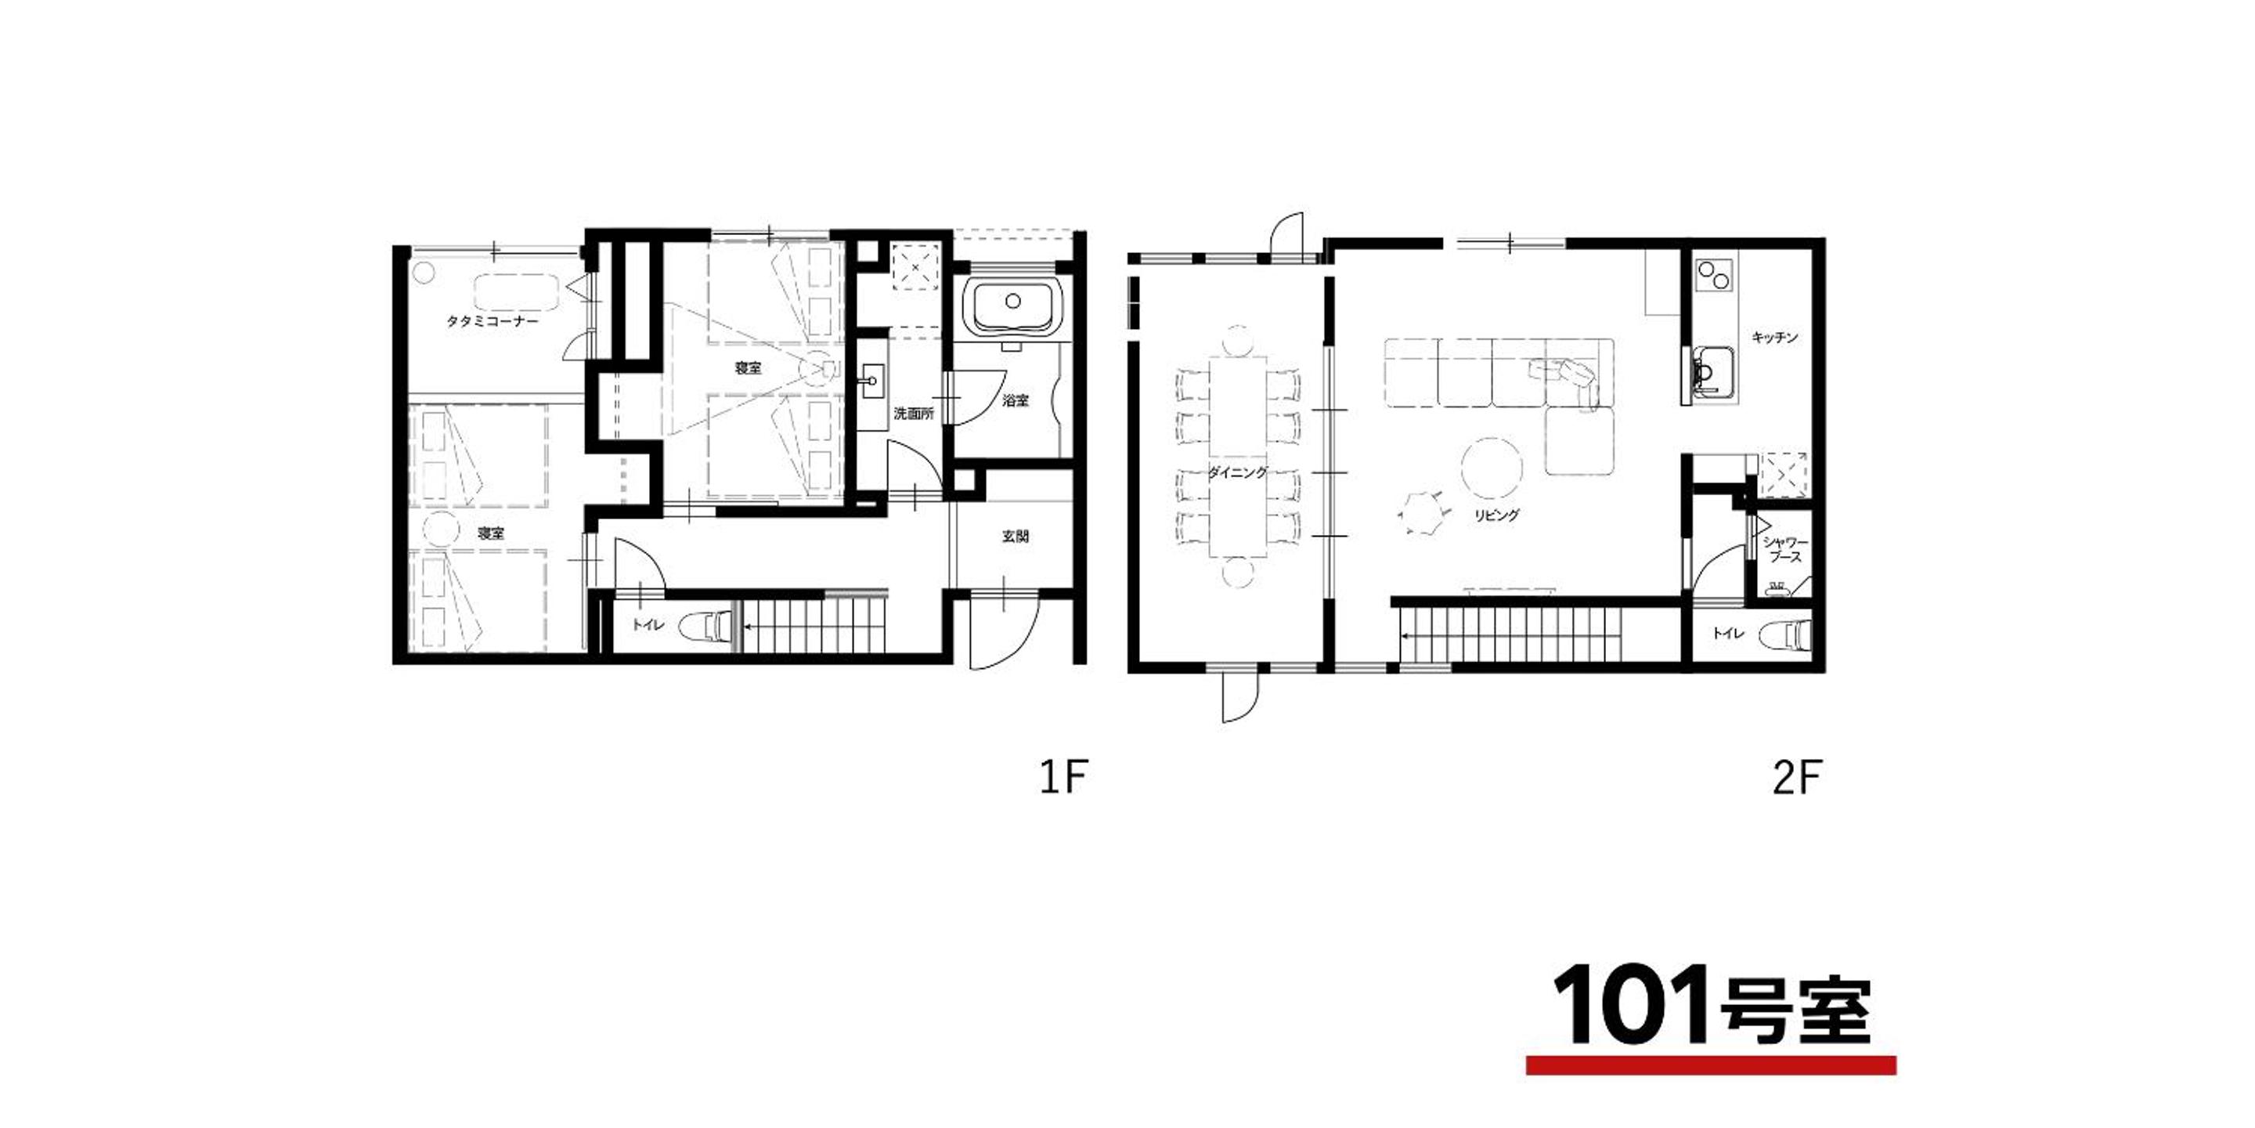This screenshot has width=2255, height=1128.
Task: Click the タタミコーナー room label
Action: tap(492, 321)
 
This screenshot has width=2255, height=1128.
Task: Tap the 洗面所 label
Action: tap(913, 414)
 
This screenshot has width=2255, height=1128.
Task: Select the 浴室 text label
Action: tap(1016, 400)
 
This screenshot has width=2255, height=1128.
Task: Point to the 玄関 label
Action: tap(1016, 536)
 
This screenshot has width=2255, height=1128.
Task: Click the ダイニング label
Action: tap(1237, 473)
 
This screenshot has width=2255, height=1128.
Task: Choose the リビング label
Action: tap(1496, 515)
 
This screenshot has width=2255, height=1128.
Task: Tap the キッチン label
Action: tap(1775, 337)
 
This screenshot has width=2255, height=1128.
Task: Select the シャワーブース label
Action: tap(1784, 550)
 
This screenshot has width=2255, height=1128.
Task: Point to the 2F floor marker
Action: tap(1797, 777)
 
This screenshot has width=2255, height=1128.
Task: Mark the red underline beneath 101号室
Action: tap(1712, 1066)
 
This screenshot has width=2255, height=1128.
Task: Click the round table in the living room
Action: tap(1492, 468)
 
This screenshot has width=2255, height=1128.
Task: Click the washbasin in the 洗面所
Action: tap(873, 381)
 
